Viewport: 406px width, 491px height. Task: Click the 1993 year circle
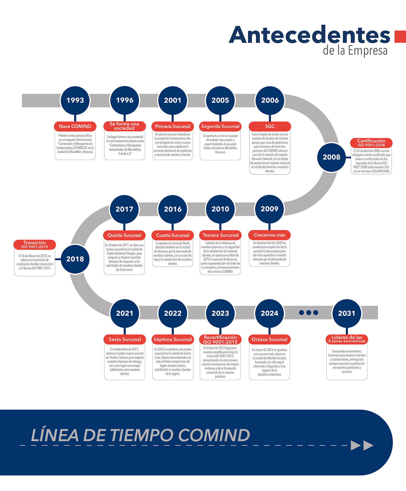tap(75, 100)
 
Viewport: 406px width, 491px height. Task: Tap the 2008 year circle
tap(331, 157)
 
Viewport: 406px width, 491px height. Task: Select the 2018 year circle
tap(75, 259)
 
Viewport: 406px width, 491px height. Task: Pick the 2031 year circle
tap(346, 313)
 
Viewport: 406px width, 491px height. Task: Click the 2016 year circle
tap(173, 209)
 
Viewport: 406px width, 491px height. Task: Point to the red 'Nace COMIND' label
tap(75, 126)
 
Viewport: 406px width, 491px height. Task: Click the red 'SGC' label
tap(270, 126)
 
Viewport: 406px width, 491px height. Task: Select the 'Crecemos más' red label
tap(269, 235)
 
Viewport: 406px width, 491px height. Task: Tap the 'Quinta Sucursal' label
tap(124, 235)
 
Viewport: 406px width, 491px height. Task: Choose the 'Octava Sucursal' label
tap(269, 339)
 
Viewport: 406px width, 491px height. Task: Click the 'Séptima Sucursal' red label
tap(173, 339)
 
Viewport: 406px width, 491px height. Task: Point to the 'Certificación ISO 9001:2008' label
tap(371, 143)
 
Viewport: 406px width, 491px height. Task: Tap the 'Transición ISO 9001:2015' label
tap(35, 244)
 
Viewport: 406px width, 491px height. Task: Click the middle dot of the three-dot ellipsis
tap(309, 313)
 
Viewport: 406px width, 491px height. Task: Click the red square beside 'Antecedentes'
tap(400, 37)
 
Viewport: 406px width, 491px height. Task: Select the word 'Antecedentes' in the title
tap(309, 35)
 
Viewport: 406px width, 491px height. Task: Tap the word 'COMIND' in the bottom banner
tap(214, 435)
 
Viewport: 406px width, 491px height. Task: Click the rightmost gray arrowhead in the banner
tap(368, 445)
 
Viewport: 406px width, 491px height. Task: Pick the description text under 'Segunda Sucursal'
tap(220, 144)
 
